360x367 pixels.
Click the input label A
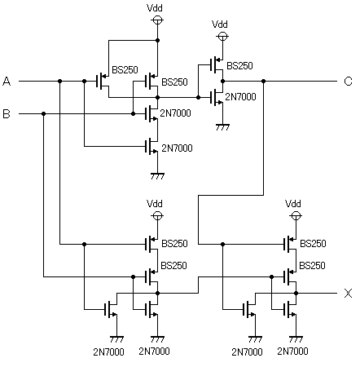(x=7, y=82)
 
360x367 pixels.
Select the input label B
(x=7, y=113)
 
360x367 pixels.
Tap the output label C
(x=348, y=82)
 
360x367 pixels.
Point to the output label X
(x=348, y=294)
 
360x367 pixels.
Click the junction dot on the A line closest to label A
(x=60, y=81)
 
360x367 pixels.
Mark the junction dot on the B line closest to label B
(x=43, y=113)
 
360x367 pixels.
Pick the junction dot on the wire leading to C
(x=263, y=81)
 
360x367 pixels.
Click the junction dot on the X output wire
(x=296, y=293)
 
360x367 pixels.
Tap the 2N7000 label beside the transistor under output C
(x=240, y=97)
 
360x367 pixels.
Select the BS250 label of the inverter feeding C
(x=239, y=66)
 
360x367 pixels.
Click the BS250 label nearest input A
(x=125, y=70)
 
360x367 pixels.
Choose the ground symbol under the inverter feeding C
(x=222, y=127)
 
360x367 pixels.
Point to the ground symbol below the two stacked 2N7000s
(x=157, y=176)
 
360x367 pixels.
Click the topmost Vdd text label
(x=155, y=7)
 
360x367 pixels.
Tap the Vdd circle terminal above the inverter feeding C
(x=222, y=36)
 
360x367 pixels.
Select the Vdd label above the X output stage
(x=293, y=203)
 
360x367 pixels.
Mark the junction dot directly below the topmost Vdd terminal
(x=157, y=40)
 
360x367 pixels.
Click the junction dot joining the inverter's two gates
(x=198, y=97)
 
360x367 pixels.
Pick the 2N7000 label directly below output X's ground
(x=292, y=352)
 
